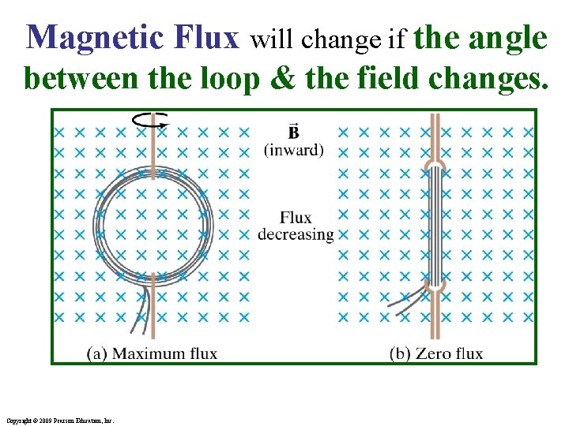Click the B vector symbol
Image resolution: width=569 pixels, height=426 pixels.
pos(294,131)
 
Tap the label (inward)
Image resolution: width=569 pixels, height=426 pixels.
pos(294,149)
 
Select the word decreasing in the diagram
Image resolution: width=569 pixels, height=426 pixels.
pos(296,234)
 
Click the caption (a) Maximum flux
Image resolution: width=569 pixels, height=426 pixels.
pos(153,353)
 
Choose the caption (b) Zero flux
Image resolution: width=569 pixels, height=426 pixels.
pos(435,353)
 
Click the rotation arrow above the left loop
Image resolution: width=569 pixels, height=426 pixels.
pos(150,120)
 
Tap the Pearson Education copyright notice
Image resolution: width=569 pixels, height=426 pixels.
pos(59,420)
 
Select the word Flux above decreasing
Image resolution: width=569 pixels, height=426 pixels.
pos(296,219)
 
